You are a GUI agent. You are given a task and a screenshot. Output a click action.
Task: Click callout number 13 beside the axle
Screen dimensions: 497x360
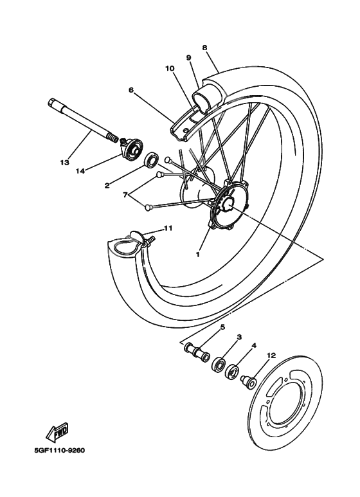click(x=64, y=163)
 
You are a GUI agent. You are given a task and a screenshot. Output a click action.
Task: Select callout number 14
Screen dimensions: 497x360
click(x=80, y=171)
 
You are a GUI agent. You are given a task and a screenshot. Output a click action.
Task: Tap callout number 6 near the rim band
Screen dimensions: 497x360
click(x=131, y=91)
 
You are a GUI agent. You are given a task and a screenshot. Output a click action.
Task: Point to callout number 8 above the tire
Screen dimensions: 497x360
click(x=204, y=48)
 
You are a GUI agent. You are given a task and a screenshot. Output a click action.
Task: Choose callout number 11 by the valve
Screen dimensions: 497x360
click(x=168, y=228)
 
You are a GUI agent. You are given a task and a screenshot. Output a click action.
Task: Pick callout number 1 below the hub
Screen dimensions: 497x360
click(x=199, y=253)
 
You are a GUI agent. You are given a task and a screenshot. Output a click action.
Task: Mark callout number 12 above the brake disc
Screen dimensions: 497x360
click(x=271, y=355)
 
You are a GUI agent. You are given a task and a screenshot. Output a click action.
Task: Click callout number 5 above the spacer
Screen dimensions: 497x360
click(x=222, y=327)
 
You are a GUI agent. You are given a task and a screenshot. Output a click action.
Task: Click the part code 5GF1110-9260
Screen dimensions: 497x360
click(x=59, y=450)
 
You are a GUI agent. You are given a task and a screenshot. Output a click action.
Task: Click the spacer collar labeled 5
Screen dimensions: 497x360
click(x=195, y=352)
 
